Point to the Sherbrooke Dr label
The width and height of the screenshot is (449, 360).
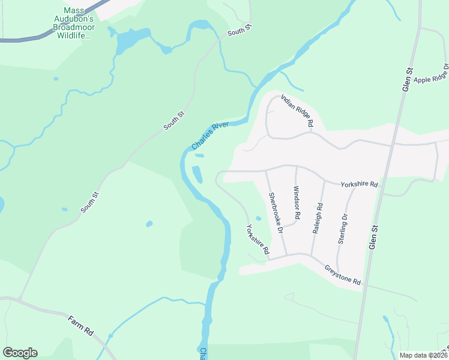click(275, 213)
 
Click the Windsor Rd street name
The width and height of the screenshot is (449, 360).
click(296, 202)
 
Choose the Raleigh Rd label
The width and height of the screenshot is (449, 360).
click(318, 217)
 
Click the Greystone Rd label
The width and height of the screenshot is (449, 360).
click(343, 275)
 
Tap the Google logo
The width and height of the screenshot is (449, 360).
click(19, 353)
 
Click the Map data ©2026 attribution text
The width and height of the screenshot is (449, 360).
click(422, 355)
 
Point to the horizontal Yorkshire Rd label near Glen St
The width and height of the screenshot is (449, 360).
click(359, 184)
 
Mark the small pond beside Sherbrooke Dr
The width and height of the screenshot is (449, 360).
click(259, 218)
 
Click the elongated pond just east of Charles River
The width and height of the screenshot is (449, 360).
click(196, 174)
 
